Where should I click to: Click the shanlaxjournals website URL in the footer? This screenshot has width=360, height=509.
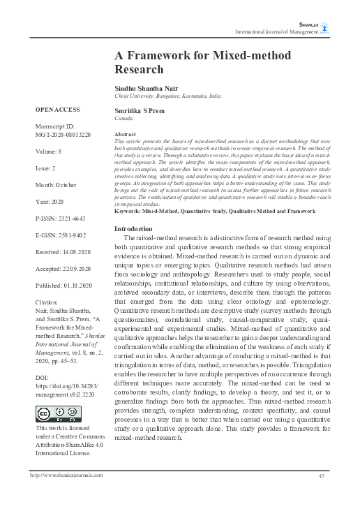tap(66, 494)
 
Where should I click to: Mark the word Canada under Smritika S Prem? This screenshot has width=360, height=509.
tap(123, 119)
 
